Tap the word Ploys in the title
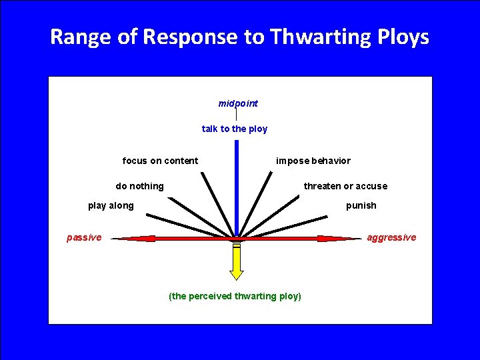click(x=403, y=37)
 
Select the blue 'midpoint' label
click(x=238, y=103)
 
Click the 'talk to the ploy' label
click(x=235, y=129)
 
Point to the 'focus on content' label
click(x=160, y=161)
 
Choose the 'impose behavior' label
click(x=313, y=161)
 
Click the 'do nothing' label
click(x=139, y=186)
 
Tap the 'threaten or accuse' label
click(x=345, y=186)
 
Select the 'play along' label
click(x=111, y=205)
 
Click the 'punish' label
click(x=361, y=205)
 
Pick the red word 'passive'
click(x=84, y=237)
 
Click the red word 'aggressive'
click(x=391, y=237)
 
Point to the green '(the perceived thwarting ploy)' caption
click(x=235, y=295)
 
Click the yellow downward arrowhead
click(x=237, y=273)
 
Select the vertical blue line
click(x=236, y=187)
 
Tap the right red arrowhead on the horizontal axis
click(x=337, y=238)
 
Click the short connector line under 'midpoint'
click(x=236, y=115)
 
